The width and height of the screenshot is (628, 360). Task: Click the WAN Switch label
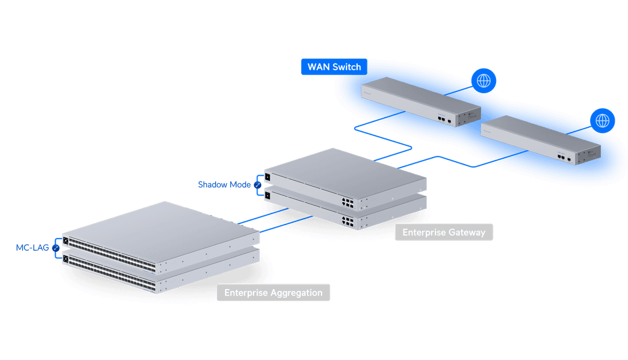click(x=334, y=66)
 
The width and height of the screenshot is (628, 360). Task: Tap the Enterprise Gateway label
click(x=444, y=233)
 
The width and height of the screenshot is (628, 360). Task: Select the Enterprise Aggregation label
click(x=273, y=293)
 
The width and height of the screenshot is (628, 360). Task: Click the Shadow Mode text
click(x=224, y=185)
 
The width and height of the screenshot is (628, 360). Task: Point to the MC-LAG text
click(x=33, y=248)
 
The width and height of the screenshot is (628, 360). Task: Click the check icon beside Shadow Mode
click(x=256, y=185)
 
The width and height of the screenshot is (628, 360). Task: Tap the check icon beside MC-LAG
click(x=56, y=248)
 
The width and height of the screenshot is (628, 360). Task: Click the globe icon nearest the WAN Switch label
click(x=484, y=80)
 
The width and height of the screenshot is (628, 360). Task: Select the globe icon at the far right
click(x=603, y=121)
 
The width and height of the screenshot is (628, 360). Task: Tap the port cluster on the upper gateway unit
click(x=348, y=202)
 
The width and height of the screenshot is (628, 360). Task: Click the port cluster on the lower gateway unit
click(x=348, y=222)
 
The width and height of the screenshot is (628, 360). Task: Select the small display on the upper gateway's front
click(x=267, y=176)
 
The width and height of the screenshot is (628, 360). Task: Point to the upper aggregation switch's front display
click(x=66, y=241)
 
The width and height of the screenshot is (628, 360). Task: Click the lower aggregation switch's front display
click(x=66, y=259)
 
